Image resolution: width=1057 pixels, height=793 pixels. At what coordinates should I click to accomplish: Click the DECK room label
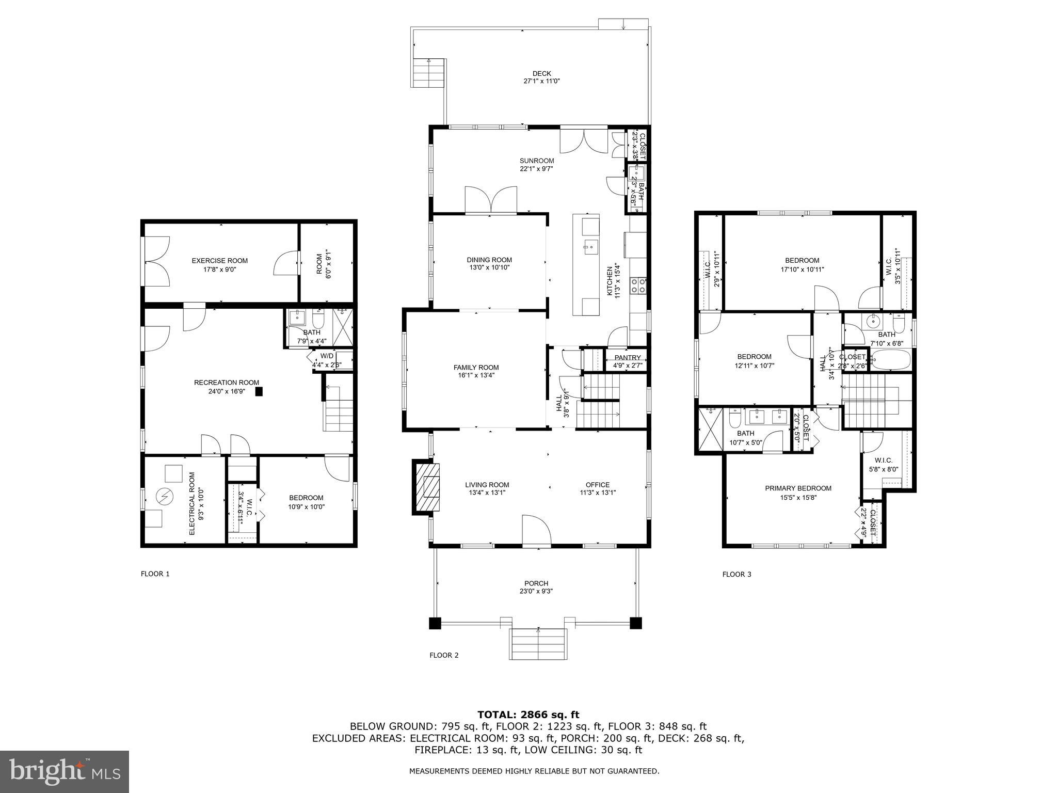tap(541, 73)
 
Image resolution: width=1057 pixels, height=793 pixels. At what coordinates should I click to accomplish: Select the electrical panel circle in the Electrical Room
tap(165, 497)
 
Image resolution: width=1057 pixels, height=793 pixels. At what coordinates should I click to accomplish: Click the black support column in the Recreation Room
tap(259, 392)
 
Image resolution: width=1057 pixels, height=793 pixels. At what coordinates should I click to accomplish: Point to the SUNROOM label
tap(536, 161)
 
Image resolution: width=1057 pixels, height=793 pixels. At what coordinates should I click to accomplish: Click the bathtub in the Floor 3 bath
tap(891, 360)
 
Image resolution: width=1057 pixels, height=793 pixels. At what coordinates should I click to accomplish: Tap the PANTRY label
tap(627, 358)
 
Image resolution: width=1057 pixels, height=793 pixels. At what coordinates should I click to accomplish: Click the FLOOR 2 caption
tap(444, 655)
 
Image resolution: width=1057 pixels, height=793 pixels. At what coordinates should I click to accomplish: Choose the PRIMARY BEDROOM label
tap(798, 488)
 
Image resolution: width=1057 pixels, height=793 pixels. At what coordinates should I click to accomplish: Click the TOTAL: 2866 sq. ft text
tap(528, 715)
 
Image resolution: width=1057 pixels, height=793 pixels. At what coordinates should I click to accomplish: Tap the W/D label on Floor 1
tap(327, 356)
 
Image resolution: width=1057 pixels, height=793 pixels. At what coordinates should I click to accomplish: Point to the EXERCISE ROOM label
tap(219, 261)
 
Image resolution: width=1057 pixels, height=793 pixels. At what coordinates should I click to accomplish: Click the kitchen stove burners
tap(639, 286)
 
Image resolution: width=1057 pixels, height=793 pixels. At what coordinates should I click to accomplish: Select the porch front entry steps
tap(538, 644)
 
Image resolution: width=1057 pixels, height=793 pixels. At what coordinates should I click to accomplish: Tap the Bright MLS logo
tap(65, 771)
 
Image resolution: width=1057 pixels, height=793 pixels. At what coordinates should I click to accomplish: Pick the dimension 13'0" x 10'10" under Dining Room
tap(489, 267)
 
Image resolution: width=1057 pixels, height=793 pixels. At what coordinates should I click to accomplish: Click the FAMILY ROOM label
tap(476, 368)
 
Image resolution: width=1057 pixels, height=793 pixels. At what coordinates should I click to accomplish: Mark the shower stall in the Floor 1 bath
tap(341, 327)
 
